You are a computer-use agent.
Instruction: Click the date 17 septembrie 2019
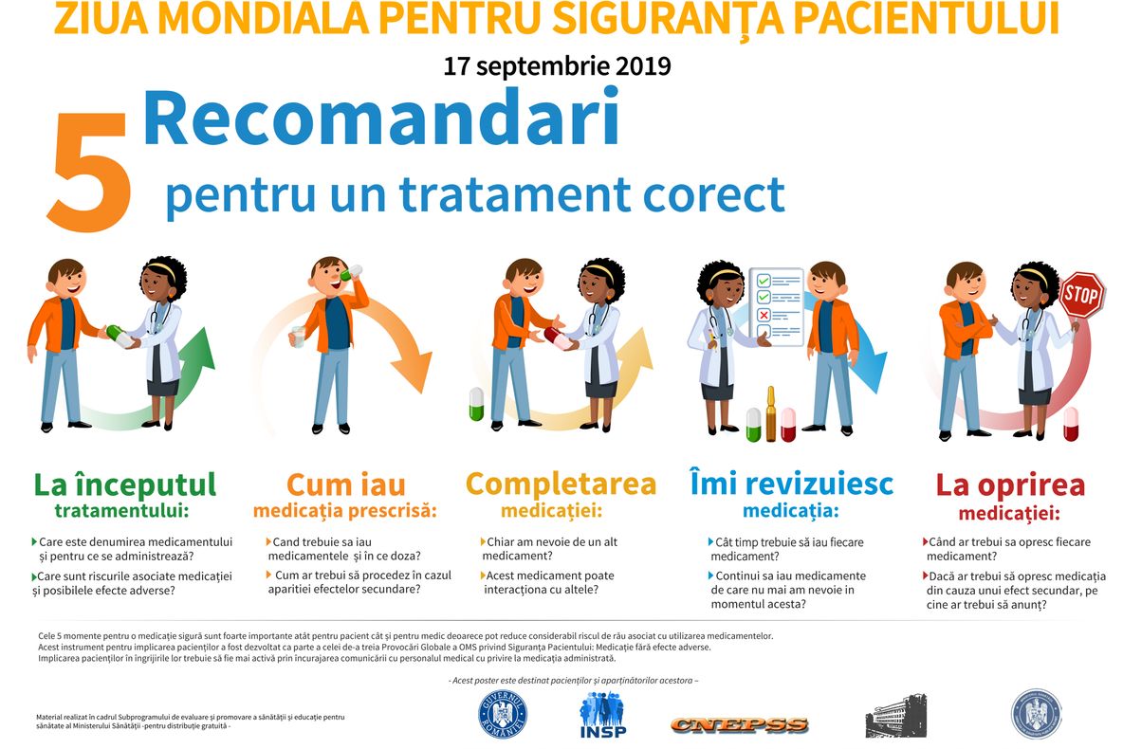point(557,66)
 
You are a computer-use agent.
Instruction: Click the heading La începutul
point(125,484)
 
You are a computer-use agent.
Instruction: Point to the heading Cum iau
point(345,484)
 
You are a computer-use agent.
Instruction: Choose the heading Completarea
point(561,484)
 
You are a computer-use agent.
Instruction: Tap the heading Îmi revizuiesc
point(791,484)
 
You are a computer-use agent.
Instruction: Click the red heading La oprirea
point(1010,484)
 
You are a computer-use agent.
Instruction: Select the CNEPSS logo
point(739,725)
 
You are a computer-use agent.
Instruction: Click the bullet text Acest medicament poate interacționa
point(548,582)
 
